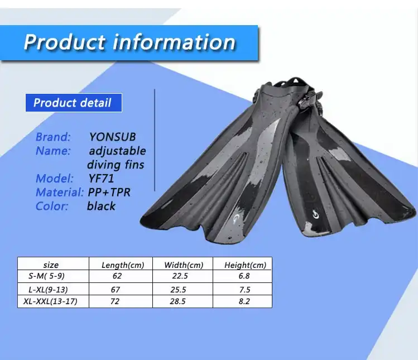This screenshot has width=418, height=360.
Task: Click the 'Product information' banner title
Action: click(129, 42)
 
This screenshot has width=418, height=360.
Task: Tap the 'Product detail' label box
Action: click(74, 103)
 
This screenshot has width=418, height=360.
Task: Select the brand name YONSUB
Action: click(113, 137)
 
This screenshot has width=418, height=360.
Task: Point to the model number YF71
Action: click(101, 179)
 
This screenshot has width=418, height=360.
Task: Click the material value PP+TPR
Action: click(109, 192)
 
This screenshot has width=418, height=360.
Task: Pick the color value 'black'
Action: click(102, 206)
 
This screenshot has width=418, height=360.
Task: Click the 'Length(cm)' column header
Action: click(123, 265)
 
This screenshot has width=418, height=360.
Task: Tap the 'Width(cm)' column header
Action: click(184, 265)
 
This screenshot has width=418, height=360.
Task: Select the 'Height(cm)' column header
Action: click(245, 265)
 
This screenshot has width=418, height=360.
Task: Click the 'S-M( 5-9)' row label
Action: click(47, 276)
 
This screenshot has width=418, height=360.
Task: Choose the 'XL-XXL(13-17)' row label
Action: click(50, 301)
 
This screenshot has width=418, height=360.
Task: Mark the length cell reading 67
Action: click(116, 290)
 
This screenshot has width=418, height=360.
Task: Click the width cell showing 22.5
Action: click(180, 276)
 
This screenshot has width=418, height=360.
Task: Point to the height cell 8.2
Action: click(244, 301)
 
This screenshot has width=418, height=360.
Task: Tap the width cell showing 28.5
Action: click(178, 301)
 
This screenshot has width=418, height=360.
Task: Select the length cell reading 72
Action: click(115, 301)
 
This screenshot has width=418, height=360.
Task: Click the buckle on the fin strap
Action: click(309, 102)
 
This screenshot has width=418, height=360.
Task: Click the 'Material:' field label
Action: click(60, 192)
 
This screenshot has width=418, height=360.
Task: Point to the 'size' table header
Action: click(51, 265)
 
